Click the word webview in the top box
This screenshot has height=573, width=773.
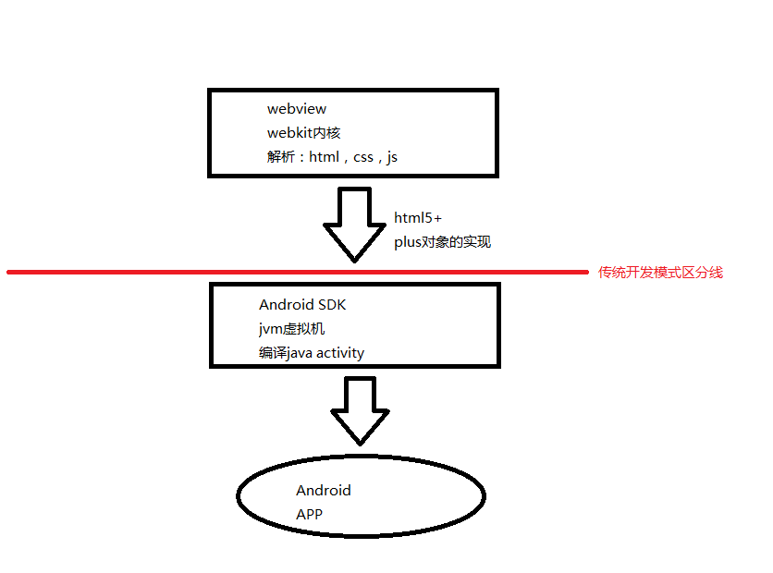coord(296,109)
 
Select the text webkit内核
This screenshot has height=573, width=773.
coord(303,133)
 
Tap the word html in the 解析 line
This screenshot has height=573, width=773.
coord(325,157)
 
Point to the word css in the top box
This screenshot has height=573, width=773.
coord(363,157)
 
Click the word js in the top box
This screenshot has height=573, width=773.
coord(392,157)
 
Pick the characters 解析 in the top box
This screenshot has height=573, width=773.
coord(280,157)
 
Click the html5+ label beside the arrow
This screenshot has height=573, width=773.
coord(418,218)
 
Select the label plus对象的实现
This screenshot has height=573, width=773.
coord(442,242)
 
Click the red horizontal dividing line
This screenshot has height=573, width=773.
coord(185,272)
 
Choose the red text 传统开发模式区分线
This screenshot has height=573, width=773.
coord(660,272)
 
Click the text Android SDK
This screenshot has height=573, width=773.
coord(302,305)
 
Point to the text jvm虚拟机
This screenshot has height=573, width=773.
coord(291,329)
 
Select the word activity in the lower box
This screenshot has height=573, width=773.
coord(340,353)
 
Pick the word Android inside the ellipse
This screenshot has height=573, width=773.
coord(324,491)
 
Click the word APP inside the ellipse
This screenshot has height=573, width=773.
coord(309,514)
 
